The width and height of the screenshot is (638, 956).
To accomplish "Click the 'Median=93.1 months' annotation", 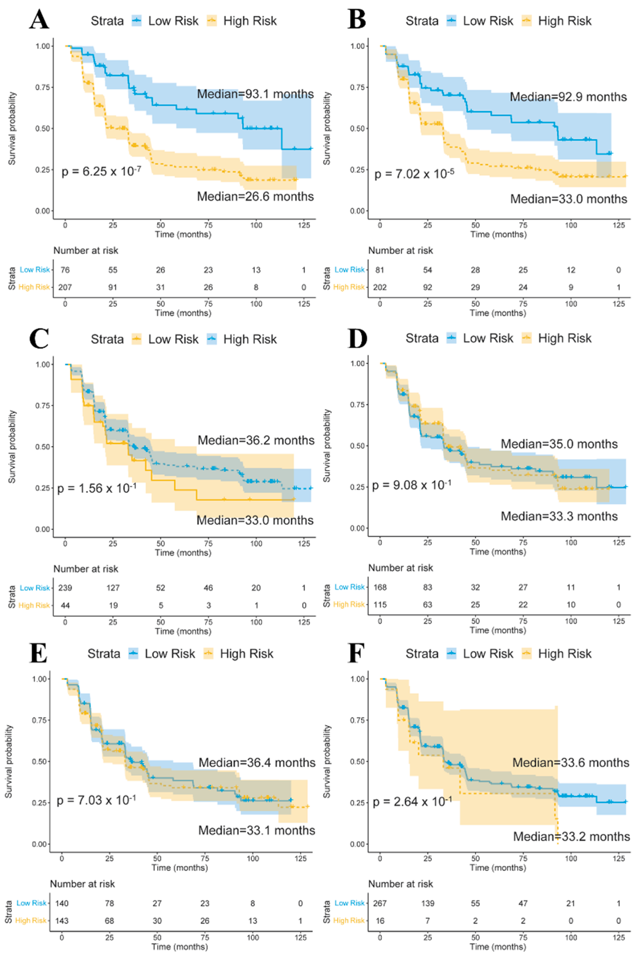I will point(255,94).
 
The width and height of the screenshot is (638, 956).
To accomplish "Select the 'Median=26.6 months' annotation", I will point(255,197).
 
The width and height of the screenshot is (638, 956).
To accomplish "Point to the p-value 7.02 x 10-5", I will point(414,174).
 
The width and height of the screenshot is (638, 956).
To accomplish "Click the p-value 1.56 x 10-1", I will point(97,488).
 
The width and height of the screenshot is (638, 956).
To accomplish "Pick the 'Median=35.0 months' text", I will point(559,444).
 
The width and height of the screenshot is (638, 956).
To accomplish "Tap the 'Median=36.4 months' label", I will point(257,762).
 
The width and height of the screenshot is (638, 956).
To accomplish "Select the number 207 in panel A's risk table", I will point(65,287).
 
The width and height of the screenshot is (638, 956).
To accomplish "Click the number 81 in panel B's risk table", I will point(380,270).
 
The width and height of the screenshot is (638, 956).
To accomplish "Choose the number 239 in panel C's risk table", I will point(65,588).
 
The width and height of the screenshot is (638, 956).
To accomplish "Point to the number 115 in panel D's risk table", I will point(380,604).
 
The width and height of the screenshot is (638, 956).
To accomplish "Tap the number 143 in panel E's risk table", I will point(62,921).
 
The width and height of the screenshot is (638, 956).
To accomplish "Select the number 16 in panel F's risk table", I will point(380,921).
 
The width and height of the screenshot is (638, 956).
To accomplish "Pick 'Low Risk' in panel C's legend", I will point(173,339).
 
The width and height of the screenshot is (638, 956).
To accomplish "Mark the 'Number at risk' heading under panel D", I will point(400,568).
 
